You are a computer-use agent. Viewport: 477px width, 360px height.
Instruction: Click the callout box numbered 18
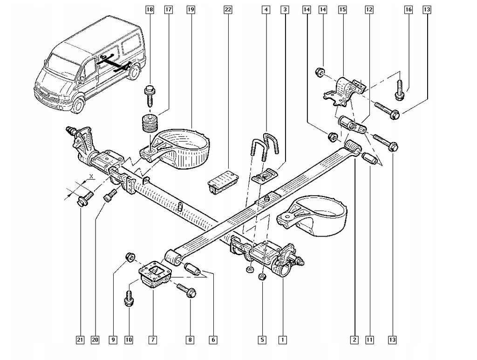pyautogui.click(x=149, y=9)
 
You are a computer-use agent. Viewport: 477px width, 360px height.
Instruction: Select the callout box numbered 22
pyautogui.click(x=227, y=9)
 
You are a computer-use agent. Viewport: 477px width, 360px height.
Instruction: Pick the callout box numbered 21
pyautogui.click(x=80, y=340)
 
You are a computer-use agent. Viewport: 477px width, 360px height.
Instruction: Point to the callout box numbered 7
pyautogui.click(x=152, y=340)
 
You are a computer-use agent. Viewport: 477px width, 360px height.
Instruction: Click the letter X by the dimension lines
pyautogui.click(x=91, y=177)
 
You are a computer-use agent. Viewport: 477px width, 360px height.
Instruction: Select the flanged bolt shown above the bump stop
pyautogui.click(x=150, y=93)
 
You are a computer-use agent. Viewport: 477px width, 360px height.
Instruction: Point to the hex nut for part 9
pyautogui.click(x=130, y=257)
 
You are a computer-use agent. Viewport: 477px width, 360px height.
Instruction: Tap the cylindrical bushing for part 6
pyautogui.click(x=192, y=269)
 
